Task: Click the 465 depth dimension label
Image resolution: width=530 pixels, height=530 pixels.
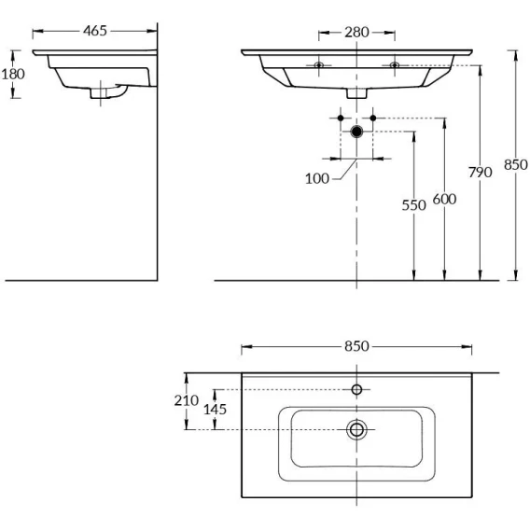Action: (x=95, y=31)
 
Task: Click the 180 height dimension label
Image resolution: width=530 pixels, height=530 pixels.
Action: (x=13, y=74)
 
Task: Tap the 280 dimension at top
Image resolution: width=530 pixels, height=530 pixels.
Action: (x=356, y=33)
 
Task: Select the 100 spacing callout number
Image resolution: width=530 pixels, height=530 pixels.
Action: (x=317, y=178)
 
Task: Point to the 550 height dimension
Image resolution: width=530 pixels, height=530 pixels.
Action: (x=413, y=205)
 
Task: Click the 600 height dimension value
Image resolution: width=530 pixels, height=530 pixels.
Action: (x=444, y=199)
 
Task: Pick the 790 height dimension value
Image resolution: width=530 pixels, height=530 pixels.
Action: (x=480, y=173)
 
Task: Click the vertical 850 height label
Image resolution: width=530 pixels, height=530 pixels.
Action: (x=515, y=165)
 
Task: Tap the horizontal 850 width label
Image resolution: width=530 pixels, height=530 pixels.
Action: (x=356, y=346)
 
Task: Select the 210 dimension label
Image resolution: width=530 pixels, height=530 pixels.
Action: (x=187, y=400)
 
